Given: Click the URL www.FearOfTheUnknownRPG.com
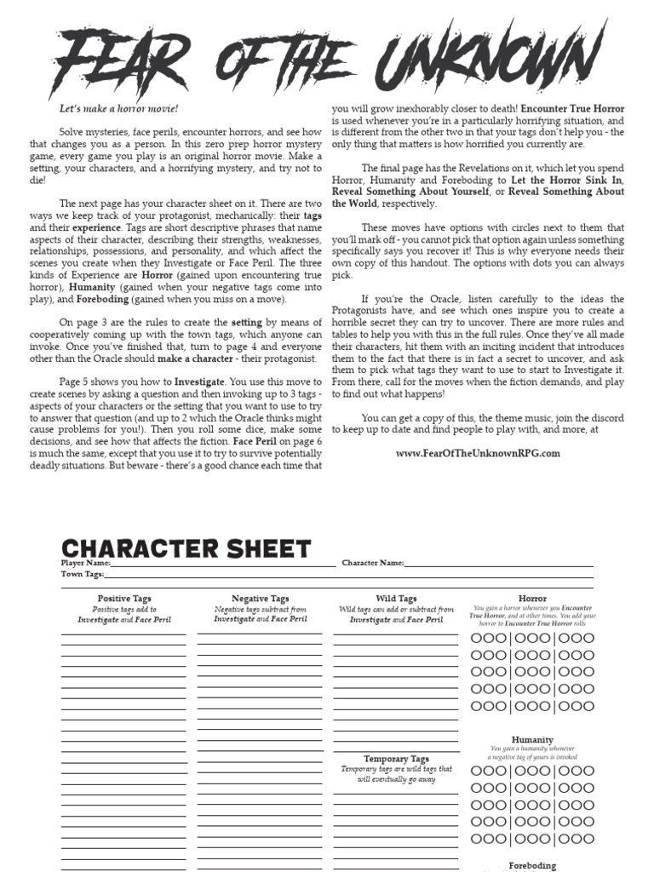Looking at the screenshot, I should (x=478, y=453).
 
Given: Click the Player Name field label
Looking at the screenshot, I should (x=85, y=563).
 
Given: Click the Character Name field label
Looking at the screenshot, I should (x=373, y=563).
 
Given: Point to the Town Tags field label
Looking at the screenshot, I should (x=82, y=574).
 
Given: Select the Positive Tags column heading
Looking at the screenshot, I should (x=124, y=599).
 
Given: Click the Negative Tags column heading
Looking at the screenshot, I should (x=260, y=599).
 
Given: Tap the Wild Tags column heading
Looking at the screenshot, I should (x=396, y=599).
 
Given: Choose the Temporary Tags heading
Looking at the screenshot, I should (x=396, y=758).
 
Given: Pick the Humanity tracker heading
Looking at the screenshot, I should (x=532, y=740).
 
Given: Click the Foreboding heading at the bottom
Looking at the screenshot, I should (x=532, y=865).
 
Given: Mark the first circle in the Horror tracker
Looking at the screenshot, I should (x=476, y=638).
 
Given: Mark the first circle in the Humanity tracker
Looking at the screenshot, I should (x=476, y=771).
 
